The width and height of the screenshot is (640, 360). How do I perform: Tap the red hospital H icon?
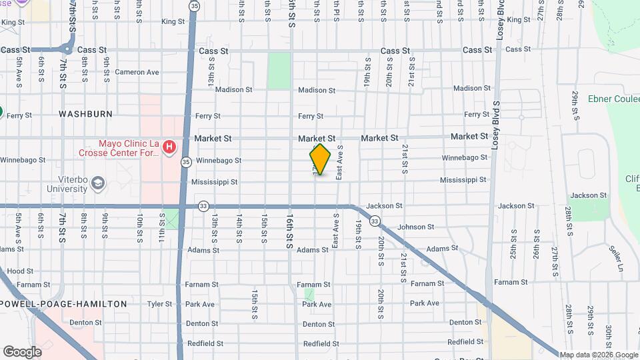[170, 146]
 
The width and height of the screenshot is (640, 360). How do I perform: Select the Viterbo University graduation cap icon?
[98, 183]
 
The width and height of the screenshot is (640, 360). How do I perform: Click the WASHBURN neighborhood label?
[85, 114]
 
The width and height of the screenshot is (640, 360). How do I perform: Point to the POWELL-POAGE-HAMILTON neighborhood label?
[63, 304]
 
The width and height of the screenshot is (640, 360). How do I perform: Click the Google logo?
[22, 351]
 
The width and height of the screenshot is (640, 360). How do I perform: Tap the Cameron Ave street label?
[137, 72]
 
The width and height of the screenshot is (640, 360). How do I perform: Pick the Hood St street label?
[20, 271]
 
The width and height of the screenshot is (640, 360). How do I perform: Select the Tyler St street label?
[160, 304]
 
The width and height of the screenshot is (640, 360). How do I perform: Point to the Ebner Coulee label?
[613, 99]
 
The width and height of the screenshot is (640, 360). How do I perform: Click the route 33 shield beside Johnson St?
[375, 221]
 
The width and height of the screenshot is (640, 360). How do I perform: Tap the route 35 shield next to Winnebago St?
[185, 161]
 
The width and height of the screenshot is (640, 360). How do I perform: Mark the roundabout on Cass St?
[67, 49]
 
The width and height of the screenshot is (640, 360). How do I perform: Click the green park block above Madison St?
[279, 71]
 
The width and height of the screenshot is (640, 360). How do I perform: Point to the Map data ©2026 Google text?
[599, 355]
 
